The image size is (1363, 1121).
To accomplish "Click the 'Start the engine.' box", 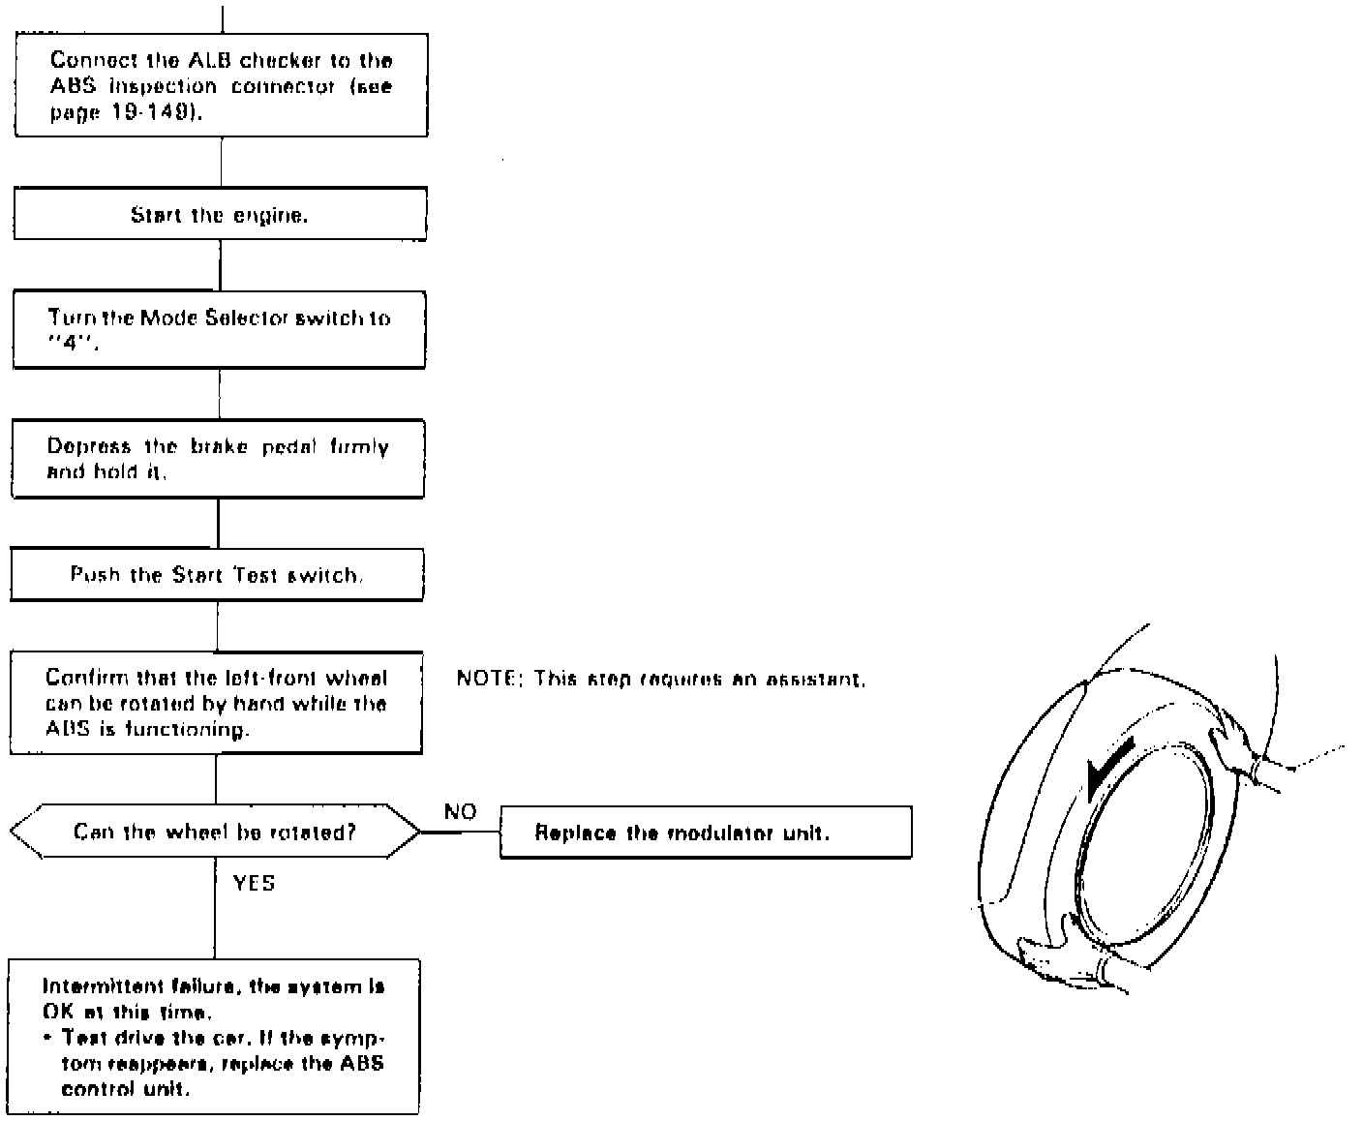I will pos(220,214).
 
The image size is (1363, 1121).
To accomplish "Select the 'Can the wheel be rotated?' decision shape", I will pos(215,832).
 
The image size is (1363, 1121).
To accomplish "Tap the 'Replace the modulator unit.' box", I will pos(706,833).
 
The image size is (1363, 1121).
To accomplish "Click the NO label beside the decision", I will pos(460,811).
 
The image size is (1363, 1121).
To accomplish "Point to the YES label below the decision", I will pos(254,883).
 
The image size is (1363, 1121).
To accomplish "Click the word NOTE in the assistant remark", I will pos(486,679).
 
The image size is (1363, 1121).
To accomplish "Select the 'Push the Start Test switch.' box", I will pos(217,575).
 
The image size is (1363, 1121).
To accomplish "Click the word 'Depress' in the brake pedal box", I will pos(88,446).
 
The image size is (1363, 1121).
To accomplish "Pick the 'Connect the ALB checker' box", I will pos(221,85).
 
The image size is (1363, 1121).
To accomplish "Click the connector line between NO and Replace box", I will pos(461,832).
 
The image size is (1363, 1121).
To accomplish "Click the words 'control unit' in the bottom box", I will pos(125,1089).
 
